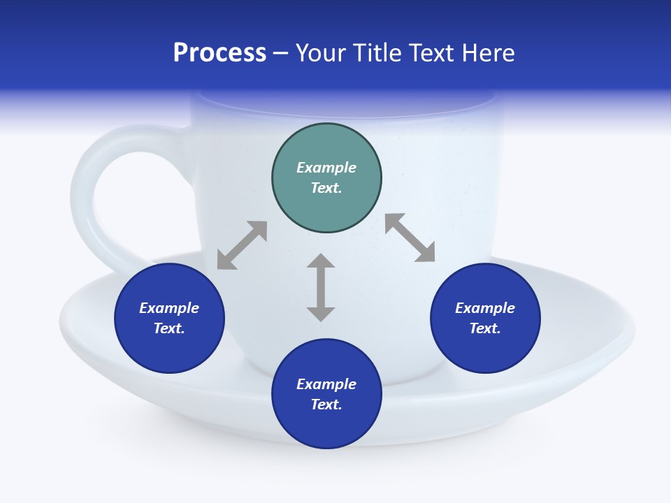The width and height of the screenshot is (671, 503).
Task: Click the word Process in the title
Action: pos(219,53)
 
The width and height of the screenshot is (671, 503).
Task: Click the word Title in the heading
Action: pos(375,53)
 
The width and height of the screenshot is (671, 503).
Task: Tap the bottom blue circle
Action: pos(326,426)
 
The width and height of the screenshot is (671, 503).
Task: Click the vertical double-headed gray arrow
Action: pos(321,287)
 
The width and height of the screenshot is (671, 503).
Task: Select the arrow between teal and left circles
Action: pos(242,245)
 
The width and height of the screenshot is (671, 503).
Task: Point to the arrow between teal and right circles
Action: pos(410,238)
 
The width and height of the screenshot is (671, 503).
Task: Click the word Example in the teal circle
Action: pos(326,168)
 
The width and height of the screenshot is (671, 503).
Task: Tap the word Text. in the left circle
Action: pos(169,328)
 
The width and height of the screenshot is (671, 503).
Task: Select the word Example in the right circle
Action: pos(485,308)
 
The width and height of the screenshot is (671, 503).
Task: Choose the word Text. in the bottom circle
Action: pos(326,404)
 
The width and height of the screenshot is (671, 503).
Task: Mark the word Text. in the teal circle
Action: pos(326,188)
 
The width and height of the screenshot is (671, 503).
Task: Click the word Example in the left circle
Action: pos(169,308)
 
